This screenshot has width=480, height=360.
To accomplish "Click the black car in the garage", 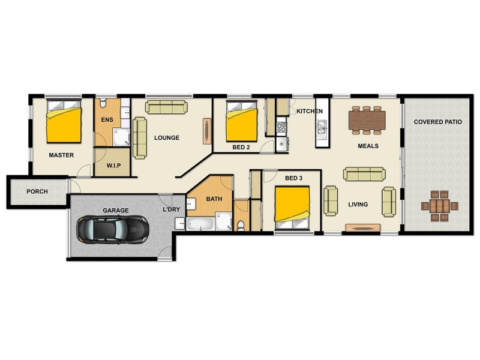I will point(112,229).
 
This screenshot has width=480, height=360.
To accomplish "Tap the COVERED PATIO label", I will point(437,122).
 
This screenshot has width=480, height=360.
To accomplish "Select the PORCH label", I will point(37,192).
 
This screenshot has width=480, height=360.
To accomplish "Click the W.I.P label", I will point(115,165).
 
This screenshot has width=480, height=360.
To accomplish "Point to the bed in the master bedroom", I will point(64,122).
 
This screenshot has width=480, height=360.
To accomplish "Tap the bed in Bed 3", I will point(292,208).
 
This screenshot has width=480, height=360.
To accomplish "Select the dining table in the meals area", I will point(367,120).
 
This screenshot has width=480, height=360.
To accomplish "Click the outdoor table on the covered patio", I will point(440,206).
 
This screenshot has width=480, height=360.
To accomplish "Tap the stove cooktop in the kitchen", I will point(281,127).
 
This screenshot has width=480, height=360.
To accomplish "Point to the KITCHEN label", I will point(310,112).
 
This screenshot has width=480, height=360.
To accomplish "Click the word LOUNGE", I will point(167,138).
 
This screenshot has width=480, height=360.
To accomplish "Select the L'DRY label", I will point(169,210).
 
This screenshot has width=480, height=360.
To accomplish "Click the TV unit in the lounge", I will point(208,131).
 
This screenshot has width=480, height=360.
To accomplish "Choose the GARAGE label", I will point(116,211).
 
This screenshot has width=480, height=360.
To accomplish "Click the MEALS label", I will point(368,146).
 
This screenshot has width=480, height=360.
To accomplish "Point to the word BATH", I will point(214,199).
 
